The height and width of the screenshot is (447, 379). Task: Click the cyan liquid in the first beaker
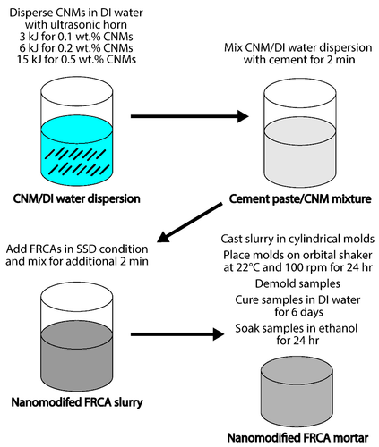pyautogui.click(x=77, y=151)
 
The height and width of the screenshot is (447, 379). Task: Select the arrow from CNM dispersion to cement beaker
pyautogui.click(x=190, y=116)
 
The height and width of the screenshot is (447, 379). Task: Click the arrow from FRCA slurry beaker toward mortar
pyautogui.click(x=177, y=334)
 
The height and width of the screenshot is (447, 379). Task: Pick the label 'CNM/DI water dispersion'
pyautogui.click(x=77, y=198)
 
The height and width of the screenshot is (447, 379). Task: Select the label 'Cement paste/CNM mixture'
pyautogui.click(x=300, y=198)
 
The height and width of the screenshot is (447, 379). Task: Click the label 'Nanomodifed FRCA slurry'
pyautogui.click(x=77, y=402)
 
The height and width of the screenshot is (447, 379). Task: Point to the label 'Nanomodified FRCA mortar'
pyautogui.click(x=297, y=438)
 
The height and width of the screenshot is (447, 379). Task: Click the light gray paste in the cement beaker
pyautogui.click(x=300, y=153)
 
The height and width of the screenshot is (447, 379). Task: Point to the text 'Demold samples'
pyautogui.click(x=297, y=283)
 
